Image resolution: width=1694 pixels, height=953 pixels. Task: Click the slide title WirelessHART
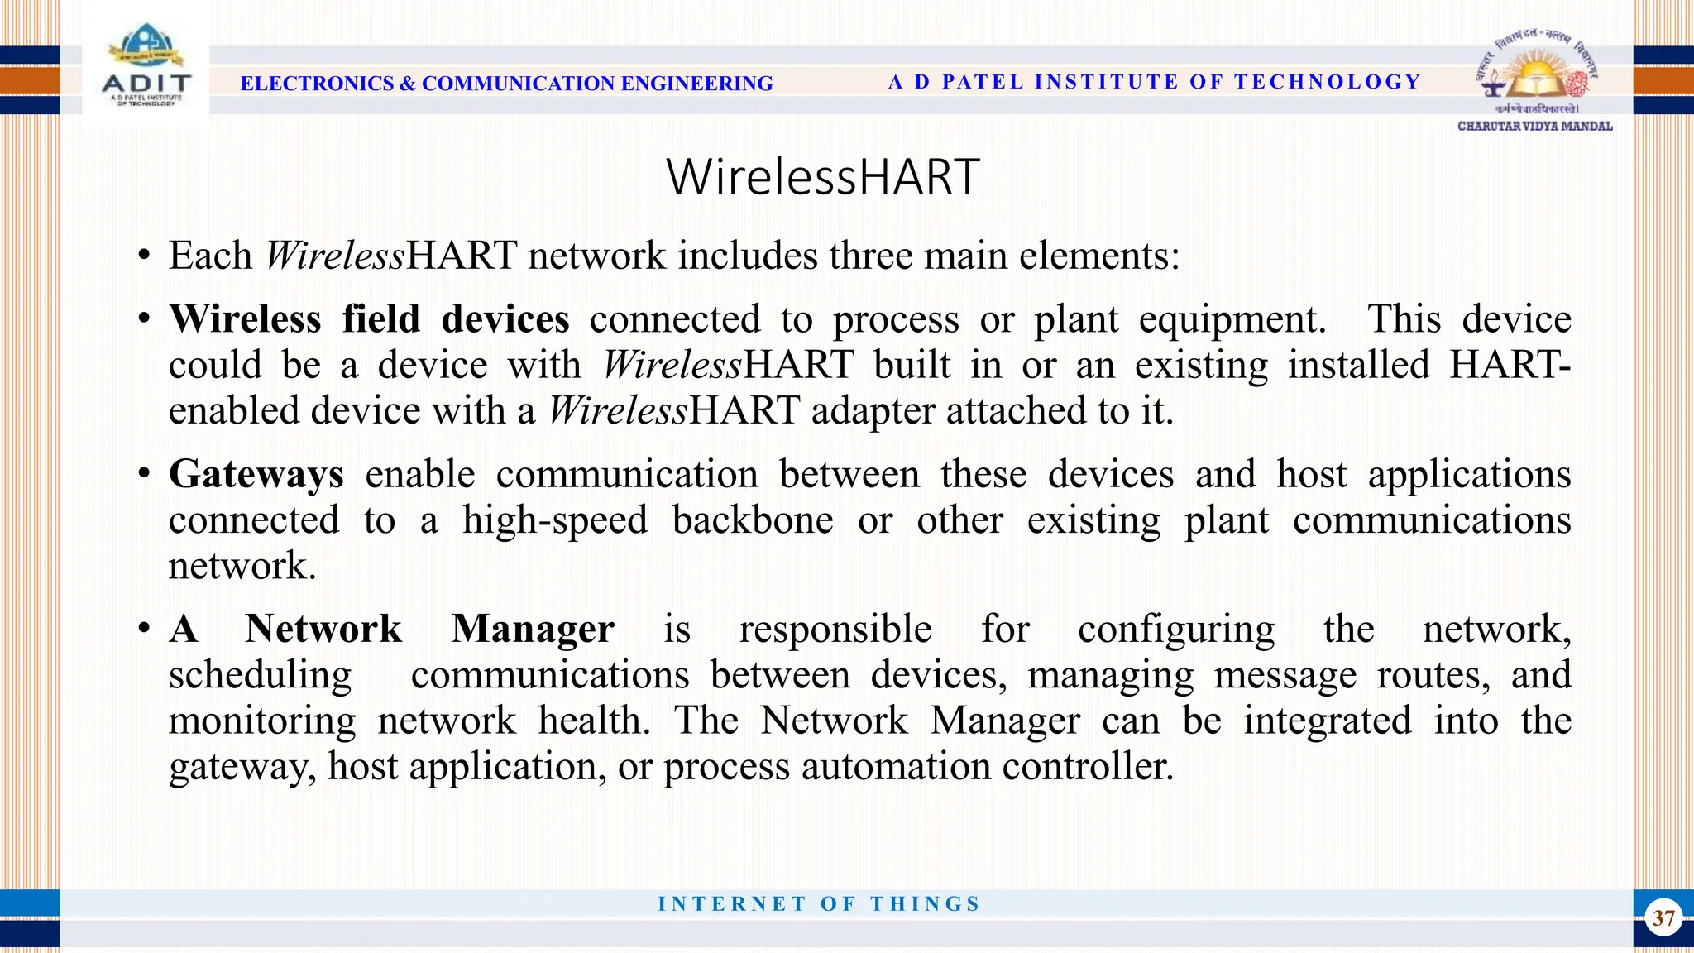pos(823,177)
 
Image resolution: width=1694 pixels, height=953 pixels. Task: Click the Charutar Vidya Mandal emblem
pos(1535,79)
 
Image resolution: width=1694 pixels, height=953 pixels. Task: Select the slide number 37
pos(1663,917)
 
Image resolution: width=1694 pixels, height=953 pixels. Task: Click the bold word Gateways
pos(256,475)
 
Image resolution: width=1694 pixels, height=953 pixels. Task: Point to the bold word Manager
pos(533,629)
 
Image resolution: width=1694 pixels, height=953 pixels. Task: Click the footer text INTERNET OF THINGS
pos(819,903)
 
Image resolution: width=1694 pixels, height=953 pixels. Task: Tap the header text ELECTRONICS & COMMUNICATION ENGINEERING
pos(506,84)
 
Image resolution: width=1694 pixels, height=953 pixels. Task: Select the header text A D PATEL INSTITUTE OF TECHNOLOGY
pos(1154,82)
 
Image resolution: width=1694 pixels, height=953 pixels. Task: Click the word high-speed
pos(555,520)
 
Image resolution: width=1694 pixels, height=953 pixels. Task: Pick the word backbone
pos(753,520)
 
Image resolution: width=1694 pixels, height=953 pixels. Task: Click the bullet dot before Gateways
pos(145,475)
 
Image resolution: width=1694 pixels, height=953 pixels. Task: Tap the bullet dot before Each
pos(145,256)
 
